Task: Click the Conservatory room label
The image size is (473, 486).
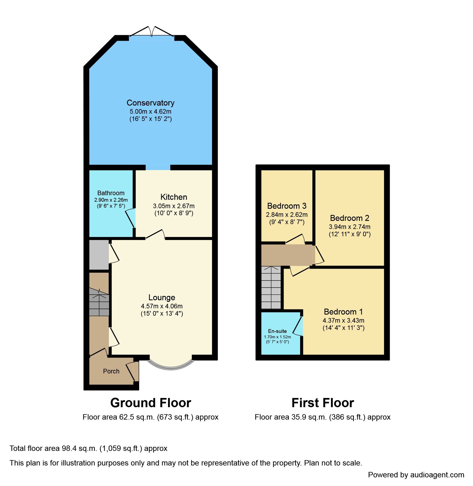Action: [x=150, y=103]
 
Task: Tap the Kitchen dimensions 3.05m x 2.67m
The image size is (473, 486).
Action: [x=174, y=206]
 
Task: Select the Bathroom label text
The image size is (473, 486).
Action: [x=111, y=193]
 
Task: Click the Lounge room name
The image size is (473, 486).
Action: [x=162, y=298]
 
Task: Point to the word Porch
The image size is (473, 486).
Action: [x=111, y=371]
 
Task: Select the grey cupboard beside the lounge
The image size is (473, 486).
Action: [x=99, y=255]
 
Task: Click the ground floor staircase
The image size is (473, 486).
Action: [x=99, y=302]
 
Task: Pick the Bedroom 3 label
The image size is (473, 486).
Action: [x=287, y=206]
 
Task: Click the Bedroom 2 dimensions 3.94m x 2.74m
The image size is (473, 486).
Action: [x=349, y=227]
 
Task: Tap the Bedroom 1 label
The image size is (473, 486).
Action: [x=343, y=312]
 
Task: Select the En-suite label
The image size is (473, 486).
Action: [x=277, y=331]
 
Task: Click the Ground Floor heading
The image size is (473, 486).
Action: [x=150, y=403]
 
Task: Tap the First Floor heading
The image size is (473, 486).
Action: [x=323, y=403]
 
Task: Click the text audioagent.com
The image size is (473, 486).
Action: [x=437, y=475]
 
